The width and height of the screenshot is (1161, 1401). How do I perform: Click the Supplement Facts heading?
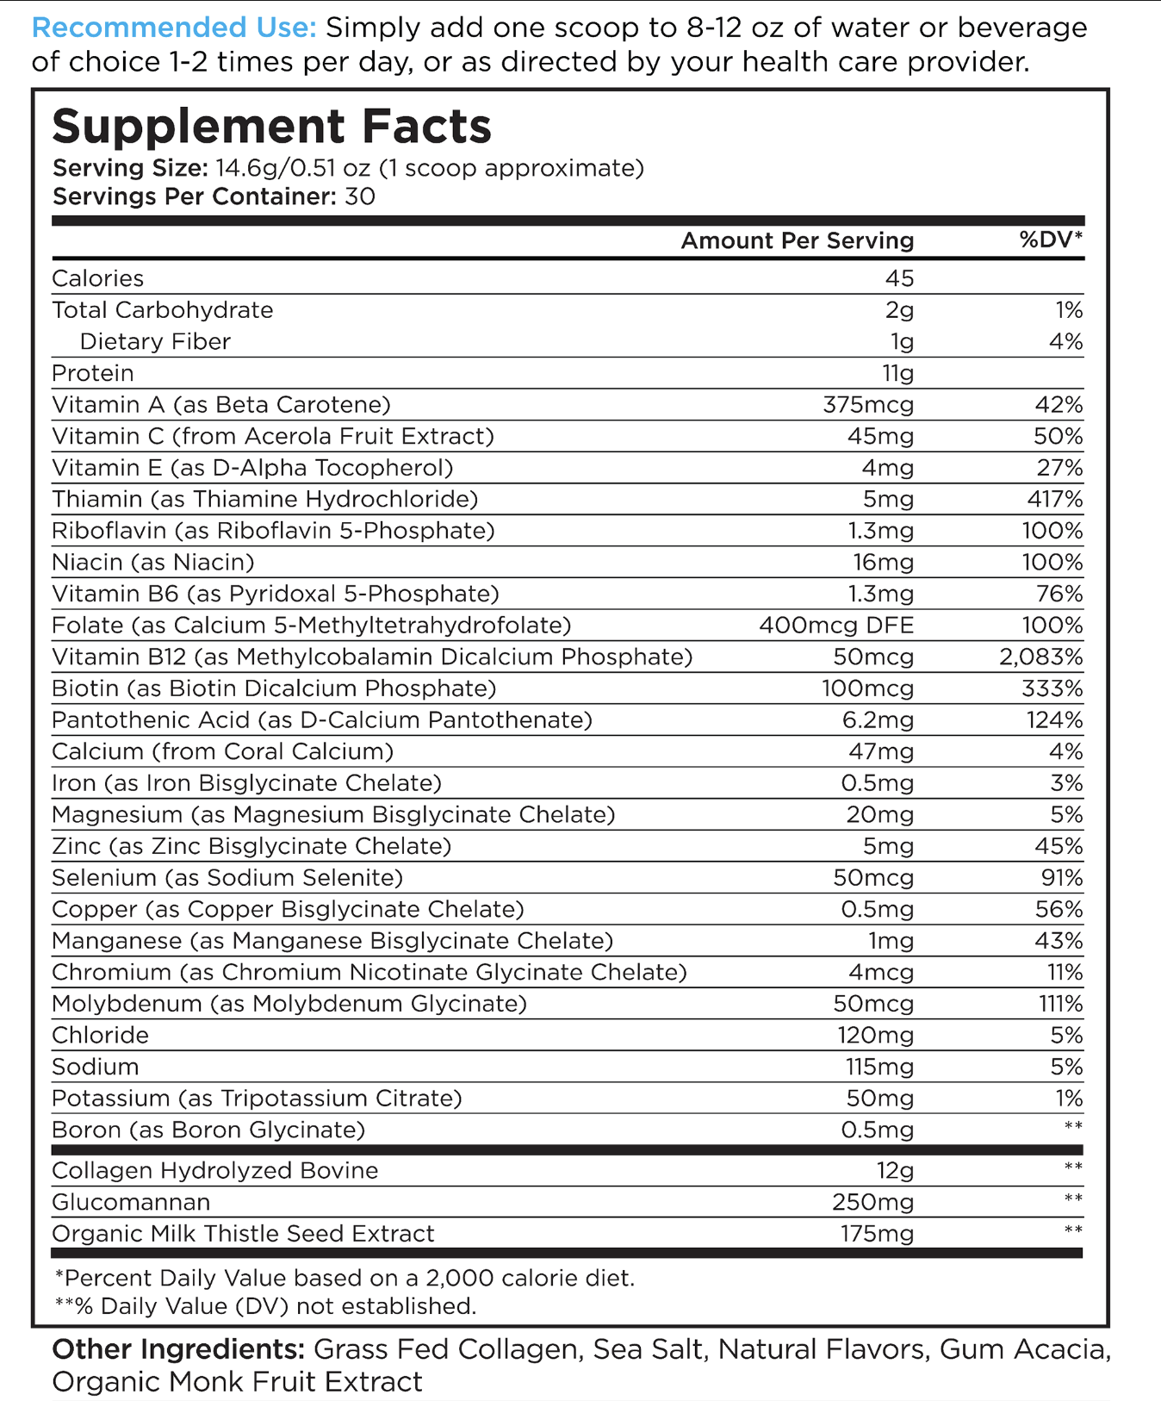click(271, 126)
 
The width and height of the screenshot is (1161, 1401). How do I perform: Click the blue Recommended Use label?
click(173, 28)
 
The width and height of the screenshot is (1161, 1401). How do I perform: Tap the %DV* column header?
click(1051, 240)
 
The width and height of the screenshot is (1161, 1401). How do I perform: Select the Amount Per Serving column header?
click(797, 240)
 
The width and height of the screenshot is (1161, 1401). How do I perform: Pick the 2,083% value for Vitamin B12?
click(1040, 657)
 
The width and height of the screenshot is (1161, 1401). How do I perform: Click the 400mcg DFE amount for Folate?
click(835, 626)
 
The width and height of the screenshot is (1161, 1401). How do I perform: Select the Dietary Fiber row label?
click(155, 342)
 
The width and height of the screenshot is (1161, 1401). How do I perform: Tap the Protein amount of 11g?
click(897, 373)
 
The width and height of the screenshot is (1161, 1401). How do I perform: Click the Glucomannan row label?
click(130, 1202)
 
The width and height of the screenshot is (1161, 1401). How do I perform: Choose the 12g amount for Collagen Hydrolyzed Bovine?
click(895, 1171)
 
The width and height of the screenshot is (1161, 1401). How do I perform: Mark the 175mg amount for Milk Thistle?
click(877, 1234)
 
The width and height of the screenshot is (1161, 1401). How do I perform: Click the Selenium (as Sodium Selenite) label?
click(227, 878)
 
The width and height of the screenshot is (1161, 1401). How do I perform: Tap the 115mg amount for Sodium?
click(879, 1067)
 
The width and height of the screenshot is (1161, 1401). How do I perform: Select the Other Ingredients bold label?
click(177, 1349)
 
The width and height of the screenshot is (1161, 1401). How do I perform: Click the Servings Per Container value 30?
click(360, 196)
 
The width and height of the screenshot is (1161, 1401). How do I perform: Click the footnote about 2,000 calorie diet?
click(345, 1278)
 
